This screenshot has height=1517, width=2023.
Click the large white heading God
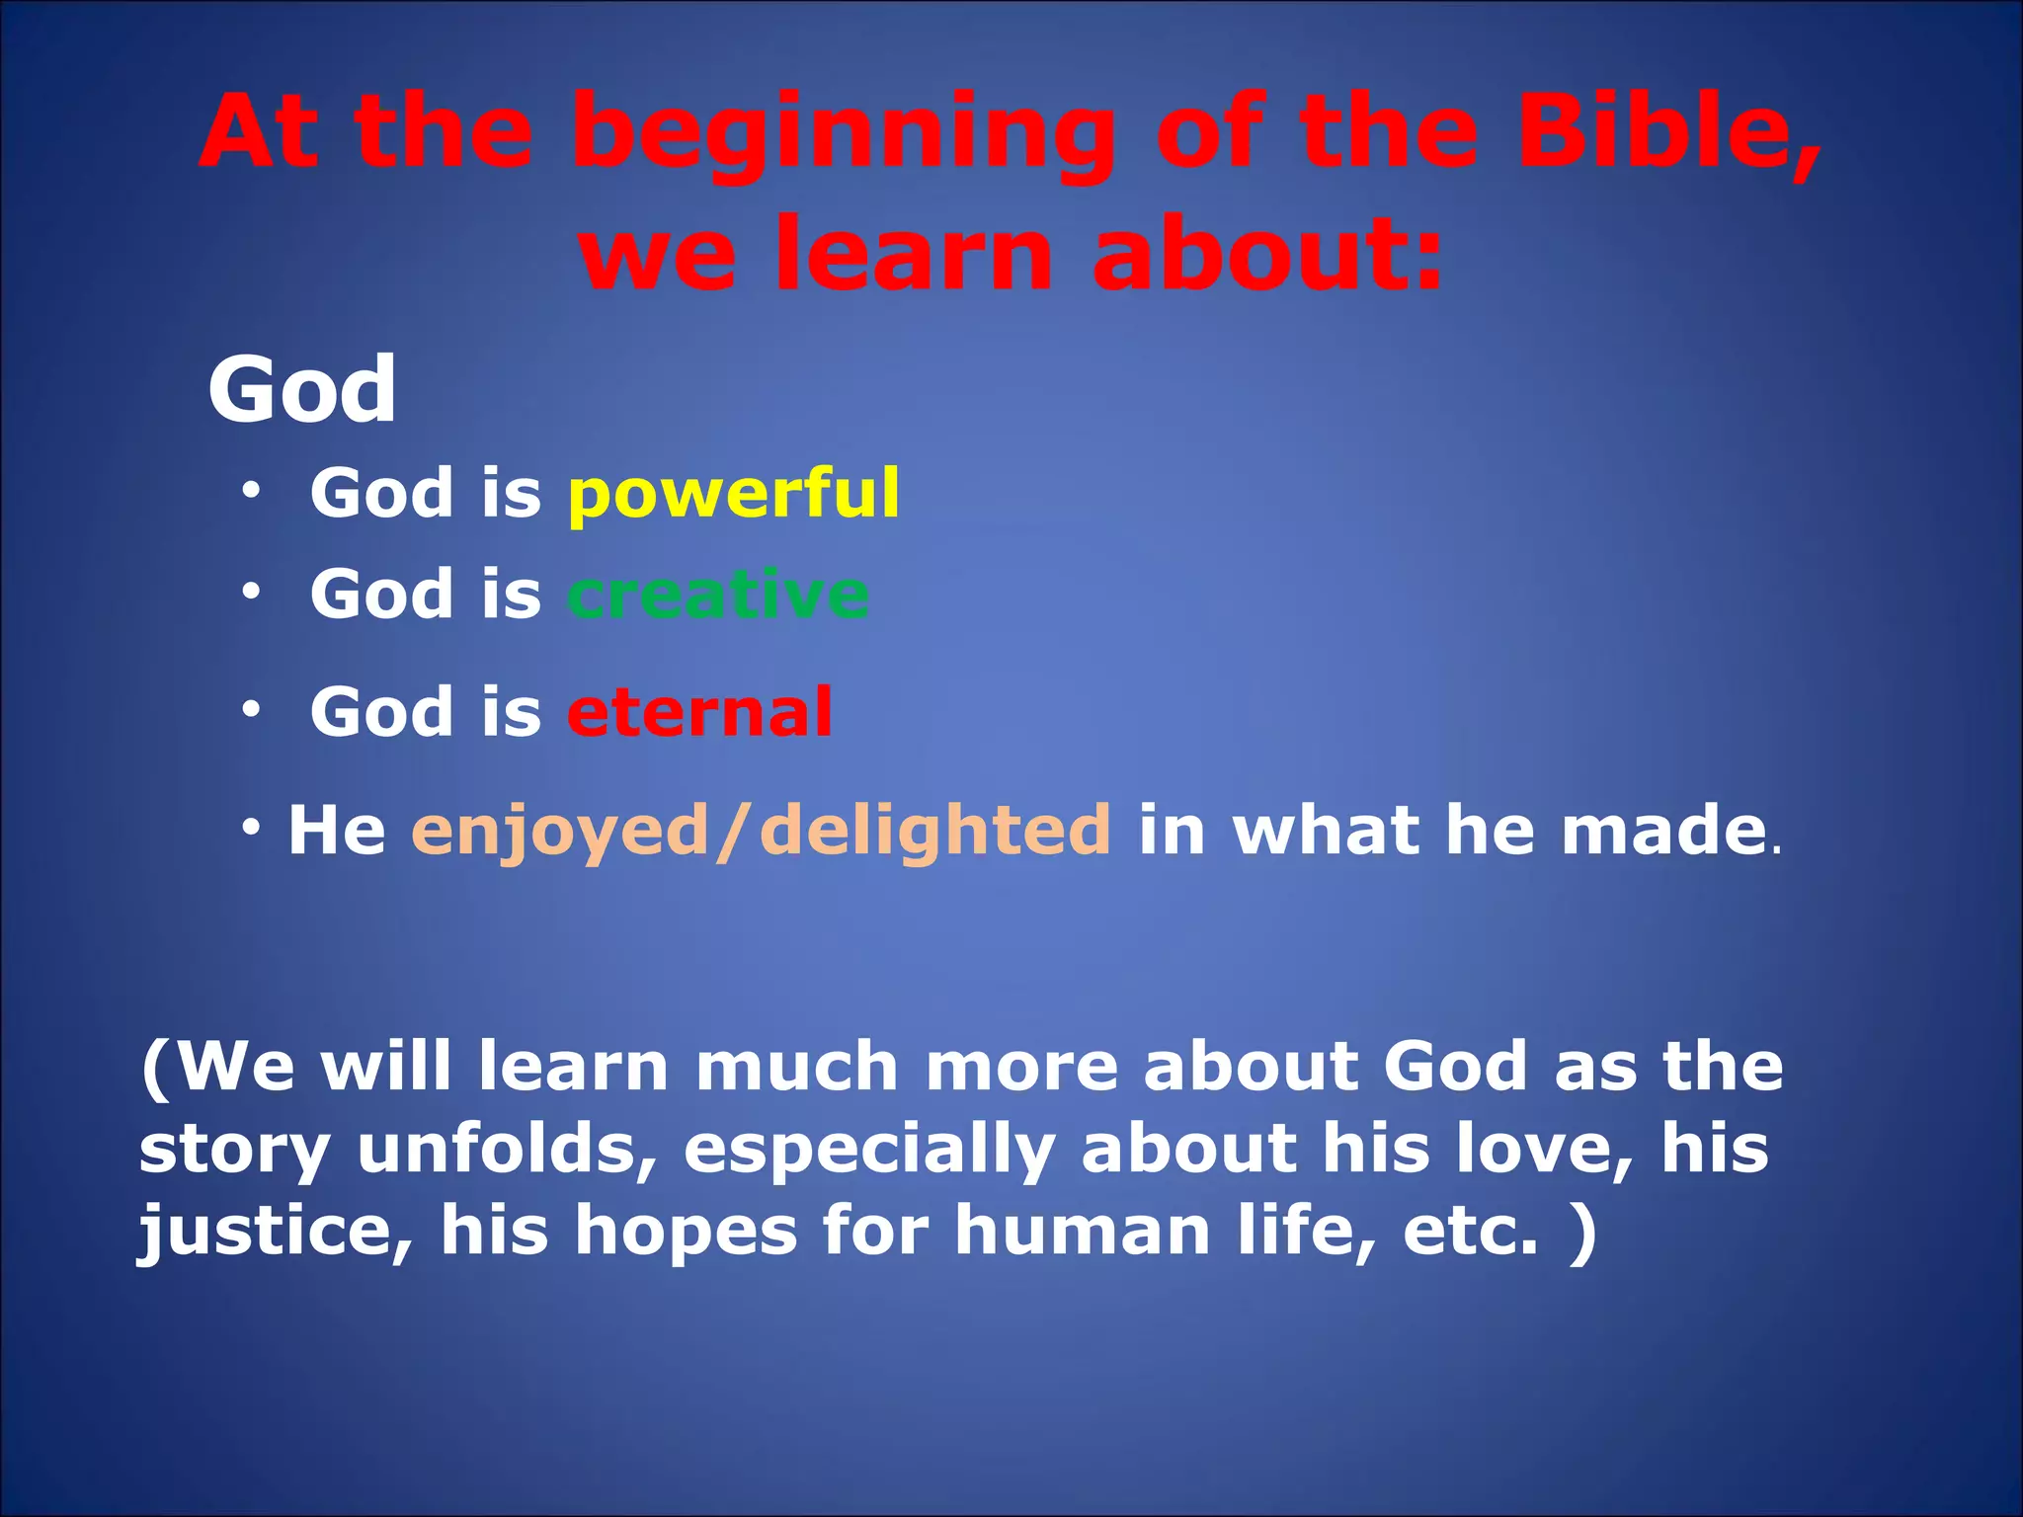coord(301,390)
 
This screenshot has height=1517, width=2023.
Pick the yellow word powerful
coord(733,494)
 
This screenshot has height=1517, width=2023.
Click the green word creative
coord(718,595)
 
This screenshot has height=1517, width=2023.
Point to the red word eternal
coord(699,712)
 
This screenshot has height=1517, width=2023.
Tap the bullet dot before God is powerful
coord(252,491)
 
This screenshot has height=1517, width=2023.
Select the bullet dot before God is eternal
coord(252,709)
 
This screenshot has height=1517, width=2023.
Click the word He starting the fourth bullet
coord(336,830)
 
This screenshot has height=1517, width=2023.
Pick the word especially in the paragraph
coord(869,1152)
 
